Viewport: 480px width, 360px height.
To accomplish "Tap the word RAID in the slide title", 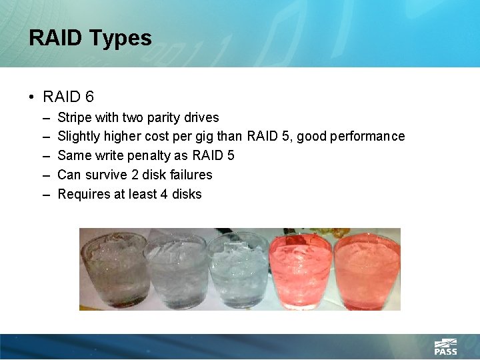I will (57, 38).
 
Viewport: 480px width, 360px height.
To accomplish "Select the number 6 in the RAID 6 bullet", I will (89, 97).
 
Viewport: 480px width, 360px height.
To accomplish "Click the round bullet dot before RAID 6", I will (32, 97).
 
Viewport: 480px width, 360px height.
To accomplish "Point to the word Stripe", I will (75, 117).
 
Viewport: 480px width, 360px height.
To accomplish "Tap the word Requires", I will (82, 195).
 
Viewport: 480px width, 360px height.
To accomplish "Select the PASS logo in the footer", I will (445, 347).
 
